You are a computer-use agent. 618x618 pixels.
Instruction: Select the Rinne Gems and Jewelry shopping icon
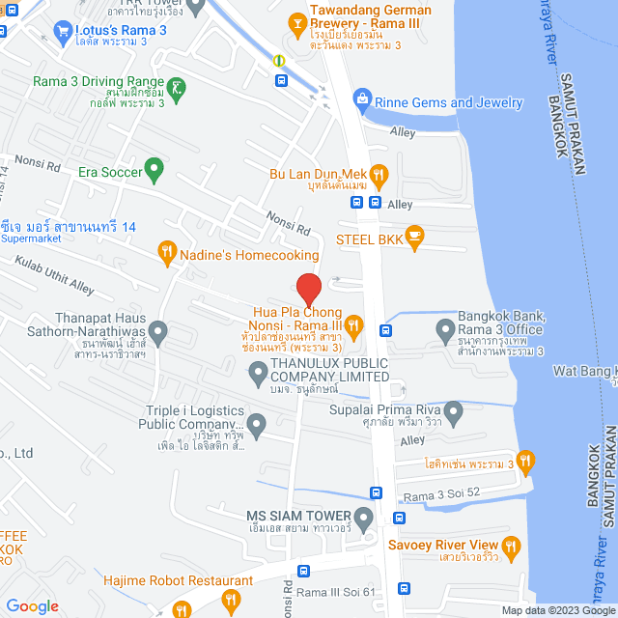tap(362, 97)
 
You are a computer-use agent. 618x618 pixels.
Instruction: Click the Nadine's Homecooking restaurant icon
tap(166, 255)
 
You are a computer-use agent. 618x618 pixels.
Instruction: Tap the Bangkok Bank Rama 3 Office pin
tap(445, 331)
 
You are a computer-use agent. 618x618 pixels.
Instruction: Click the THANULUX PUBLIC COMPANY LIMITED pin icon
tap(258, 371)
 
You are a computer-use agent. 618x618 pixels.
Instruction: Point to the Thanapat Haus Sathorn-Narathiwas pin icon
tap(158, 331)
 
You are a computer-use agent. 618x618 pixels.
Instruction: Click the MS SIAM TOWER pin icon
tap(363, 521)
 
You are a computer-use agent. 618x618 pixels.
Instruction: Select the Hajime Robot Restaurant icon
tap(231, 600)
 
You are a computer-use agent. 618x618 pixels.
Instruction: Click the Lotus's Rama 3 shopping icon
tap(63, 31)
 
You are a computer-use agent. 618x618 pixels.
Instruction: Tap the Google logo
tap(32, 605)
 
